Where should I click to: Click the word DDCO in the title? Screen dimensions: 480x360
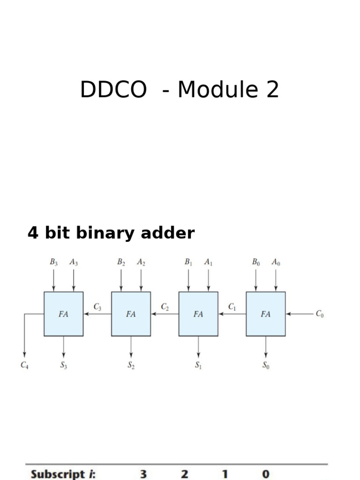113,90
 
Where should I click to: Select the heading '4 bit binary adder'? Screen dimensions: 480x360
111,233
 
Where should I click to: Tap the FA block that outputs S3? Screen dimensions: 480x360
64,314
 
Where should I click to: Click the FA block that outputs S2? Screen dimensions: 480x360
131,314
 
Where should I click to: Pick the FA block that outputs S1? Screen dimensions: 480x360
198,314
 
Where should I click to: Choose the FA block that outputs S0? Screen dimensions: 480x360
266,314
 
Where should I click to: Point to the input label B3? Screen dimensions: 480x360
53,263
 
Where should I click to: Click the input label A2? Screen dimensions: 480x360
141,263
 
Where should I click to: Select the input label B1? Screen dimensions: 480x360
188,263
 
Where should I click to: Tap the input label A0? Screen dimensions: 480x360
276,263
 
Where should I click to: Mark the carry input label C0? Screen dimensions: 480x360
320,315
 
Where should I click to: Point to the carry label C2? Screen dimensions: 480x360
165,307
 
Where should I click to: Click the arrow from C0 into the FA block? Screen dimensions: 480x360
300,314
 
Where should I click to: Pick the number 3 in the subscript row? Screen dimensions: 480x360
143,474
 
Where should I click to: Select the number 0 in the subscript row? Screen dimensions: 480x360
266,474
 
